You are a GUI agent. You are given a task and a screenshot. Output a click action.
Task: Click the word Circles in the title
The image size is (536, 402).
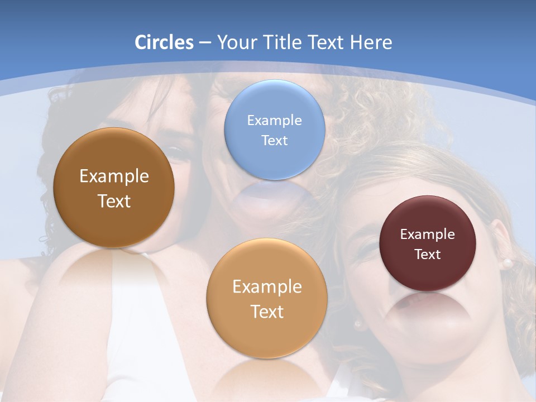(164, 42)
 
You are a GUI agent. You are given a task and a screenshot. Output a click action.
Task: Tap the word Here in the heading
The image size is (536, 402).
(371, 42)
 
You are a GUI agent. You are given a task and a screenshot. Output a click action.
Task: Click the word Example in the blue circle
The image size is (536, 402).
(274, 120)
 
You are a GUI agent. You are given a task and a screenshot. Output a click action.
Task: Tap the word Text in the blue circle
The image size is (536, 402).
(274, 140)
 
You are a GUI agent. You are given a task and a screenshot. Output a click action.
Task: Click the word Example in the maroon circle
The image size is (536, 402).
(427, 234)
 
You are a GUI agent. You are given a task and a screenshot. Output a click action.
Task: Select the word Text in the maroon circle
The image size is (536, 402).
(427, 254)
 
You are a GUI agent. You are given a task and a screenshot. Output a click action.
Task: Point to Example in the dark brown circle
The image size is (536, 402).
(114, 176)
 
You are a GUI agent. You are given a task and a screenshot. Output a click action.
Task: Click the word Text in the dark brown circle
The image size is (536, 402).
(114, 201)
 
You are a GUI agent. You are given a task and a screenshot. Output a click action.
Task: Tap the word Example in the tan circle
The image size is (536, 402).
(267, 286)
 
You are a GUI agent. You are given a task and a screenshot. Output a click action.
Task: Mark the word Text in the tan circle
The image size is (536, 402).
(267, 312)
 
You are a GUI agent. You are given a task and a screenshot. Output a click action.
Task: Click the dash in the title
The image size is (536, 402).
(205, 43)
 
